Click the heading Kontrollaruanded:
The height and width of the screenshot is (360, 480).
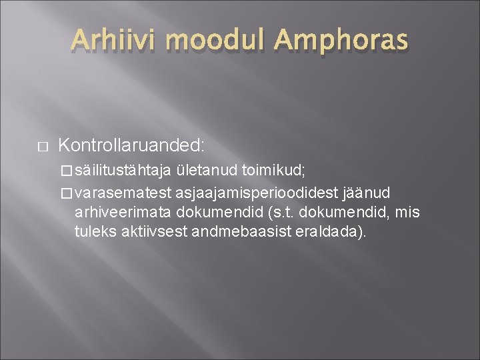(x=131, y=145)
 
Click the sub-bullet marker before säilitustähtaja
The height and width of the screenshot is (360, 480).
(x=65, y=171)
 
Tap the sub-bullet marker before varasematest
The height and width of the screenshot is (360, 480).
(x=65, y=194)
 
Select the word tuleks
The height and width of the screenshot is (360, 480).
(x=92, y=233)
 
